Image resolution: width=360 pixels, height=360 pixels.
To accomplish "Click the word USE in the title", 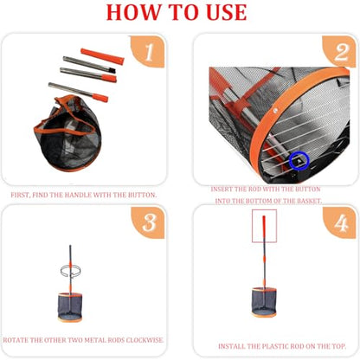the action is click(227, 12).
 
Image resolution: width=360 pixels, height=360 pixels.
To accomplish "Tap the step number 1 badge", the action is click(147, 51).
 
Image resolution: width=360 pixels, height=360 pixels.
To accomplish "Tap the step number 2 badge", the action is click(339, 51).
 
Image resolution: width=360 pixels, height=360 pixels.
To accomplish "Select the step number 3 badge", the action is click(147, 222).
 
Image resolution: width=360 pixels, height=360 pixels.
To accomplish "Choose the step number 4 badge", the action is click(339, 222).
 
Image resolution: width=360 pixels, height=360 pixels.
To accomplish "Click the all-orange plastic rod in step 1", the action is click(102, 56).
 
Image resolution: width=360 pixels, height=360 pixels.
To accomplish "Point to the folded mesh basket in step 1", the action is click(68, 132).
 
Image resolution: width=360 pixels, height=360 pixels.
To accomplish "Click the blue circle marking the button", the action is click(299, 161).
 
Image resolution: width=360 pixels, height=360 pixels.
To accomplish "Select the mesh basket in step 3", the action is click(70, 307).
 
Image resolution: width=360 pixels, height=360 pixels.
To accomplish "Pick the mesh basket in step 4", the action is click(264, 302).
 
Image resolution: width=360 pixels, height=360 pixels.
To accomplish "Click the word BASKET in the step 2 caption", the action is click(308, 201).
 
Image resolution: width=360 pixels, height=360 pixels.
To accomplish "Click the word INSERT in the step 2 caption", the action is click(221, 190).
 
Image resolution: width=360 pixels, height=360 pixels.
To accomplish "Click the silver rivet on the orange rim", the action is click(276, 110).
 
